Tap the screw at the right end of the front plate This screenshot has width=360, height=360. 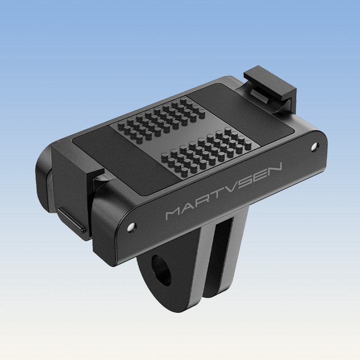point(315,146)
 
